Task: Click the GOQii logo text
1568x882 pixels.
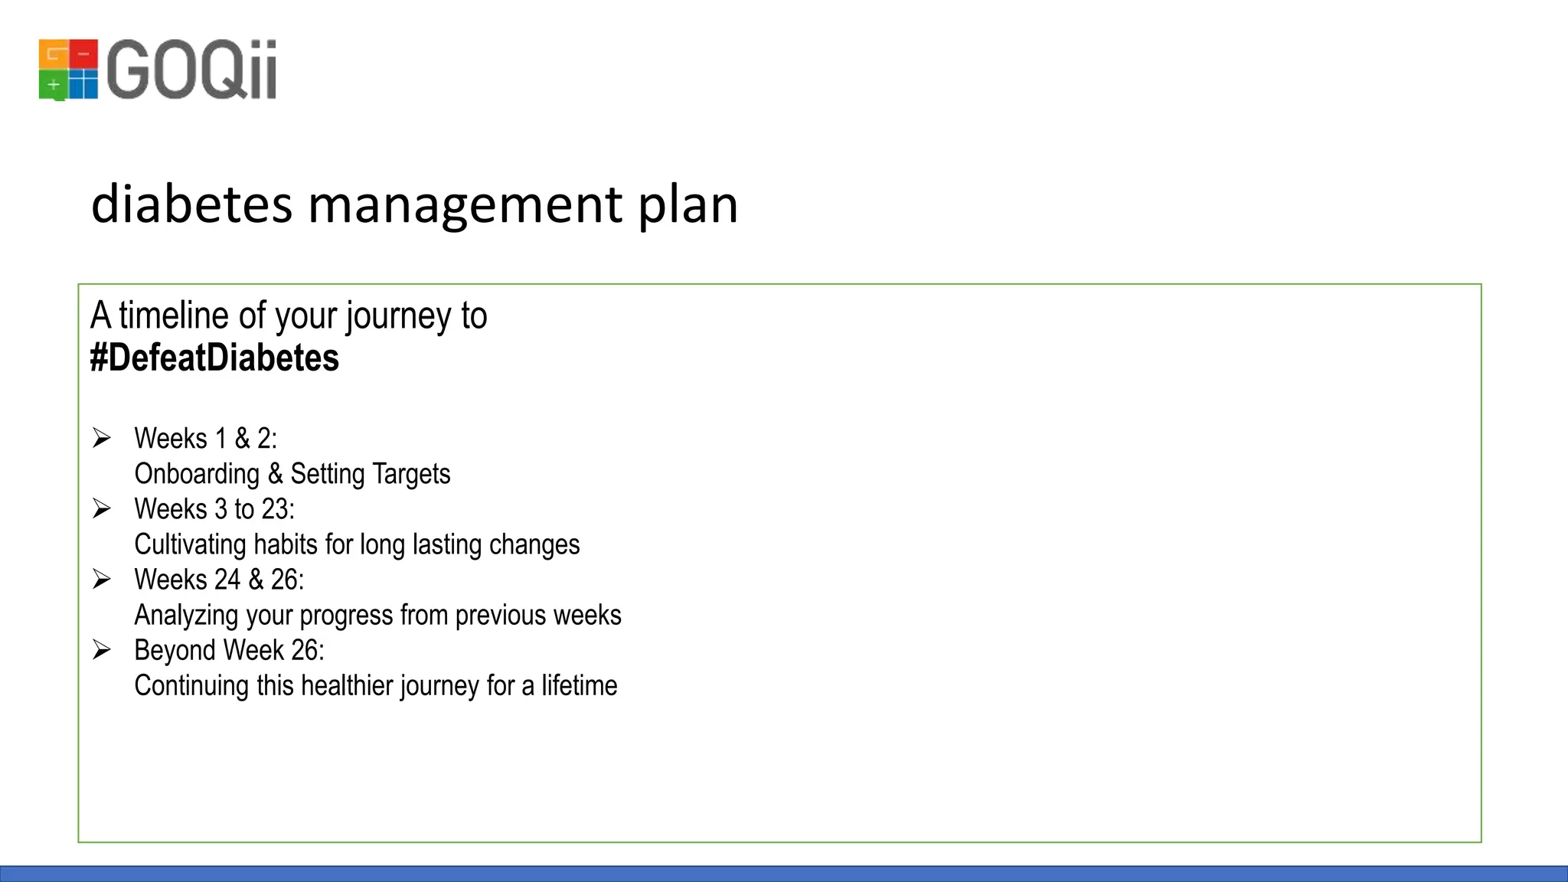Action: pyautogui.click(x=191, y=70)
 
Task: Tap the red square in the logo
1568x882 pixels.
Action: pyautogui.click(x=84, y=54)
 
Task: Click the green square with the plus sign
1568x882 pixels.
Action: pyautogui.click(x=53, y=84)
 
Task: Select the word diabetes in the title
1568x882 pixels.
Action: pyautogui.click(x=191, y=204)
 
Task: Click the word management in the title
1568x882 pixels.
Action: pyautogui.click(x=465, y=204)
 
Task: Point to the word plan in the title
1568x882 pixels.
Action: pyautogui.click(x=688, y=204)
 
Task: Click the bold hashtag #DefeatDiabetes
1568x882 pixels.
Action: pyautogui.click(x=214, y=358)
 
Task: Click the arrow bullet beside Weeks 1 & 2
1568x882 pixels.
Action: pyautogui.click(x=102, y=438)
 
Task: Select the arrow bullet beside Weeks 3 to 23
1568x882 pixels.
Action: pyautogui.click(x=102, y=508)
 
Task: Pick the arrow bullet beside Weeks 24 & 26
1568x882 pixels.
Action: pyautogui.click(x=102, y=579)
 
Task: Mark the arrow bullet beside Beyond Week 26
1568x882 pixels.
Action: pyautogui.click(x=102, y=650)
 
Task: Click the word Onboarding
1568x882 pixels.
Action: pyautogui.click(x=197, y=474)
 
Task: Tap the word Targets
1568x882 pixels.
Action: pyautogui.click(x=411, y=474)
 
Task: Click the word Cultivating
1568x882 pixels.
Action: pyautogui.click(x=190, y=544)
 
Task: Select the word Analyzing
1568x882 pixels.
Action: pyautogui.click(x=187, y=615)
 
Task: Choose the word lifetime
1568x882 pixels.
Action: pyautogui.click(x=579, y=685)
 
